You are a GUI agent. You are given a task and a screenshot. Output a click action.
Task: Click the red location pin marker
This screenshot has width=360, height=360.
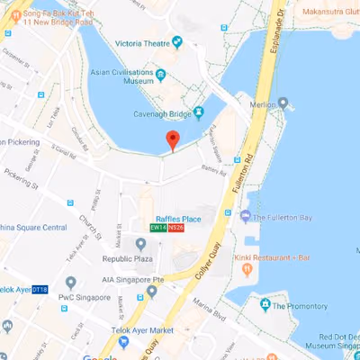(173, 140)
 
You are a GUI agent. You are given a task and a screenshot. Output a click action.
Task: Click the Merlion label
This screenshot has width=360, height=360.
(264, 103)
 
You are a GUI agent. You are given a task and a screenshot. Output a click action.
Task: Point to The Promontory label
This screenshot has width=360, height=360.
(301, 306)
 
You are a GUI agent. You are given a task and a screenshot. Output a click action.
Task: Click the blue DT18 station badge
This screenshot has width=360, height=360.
(40, 290)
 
